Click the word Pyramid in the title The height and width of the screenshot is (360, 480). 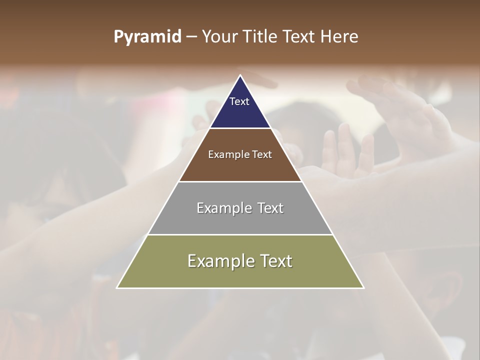(147, 37)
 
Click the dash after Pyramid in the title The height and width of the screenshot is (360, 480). (191, 37)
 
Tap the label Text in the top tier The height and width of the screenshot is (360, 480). (239, 101)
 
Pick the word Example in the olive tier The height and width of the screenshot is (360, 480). (219, 261)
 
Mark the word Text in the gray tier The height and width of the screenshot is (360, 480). (271, 208)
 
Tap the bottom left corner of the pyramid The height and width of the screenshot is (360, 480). (117, 287)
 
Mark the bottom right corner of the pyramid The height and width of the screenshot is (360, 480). (363, 287)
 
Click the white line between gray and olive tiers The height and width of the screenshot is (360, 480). (240, 234)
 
